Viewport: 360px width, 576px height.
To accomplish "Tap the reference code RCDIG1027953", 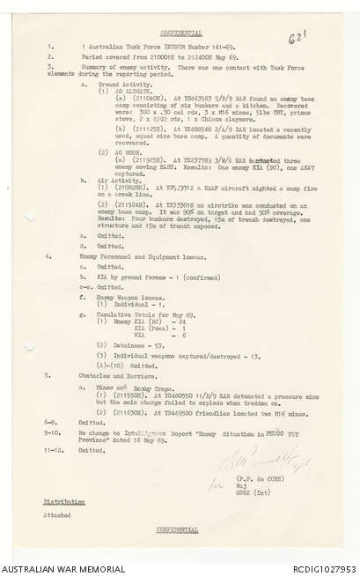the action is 320,568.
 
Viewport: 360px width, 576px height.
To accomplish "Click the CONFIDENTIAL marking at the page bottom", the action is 180,529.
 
